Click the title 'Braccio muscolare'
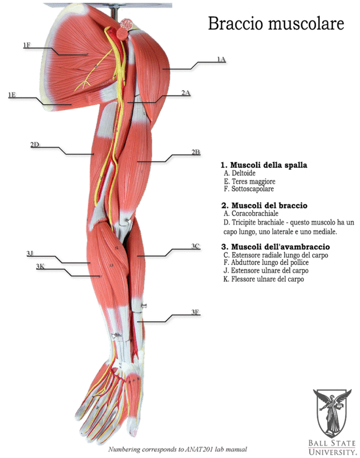(x=276, y=23)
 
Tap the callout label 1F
(x=27, y=45)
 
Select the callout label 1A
(x=221, y=59)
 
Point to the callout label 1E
(x=12, y=95)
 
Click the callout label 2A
(x=186, y=93)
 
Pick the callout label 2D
(x=35, y=144)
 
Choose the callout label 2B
(x=195, y=152)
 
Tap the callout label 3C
(x=195, y=246)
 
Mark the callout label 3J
(x=30, y=254)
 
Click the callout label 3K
(x=40, y=267)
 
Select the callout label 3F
(x=195, y=312)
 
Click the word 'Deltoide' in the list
(x=244, y=173)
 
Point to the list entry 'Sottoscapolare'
(x=253, y=189)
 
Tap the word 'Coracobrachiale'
(x=255, y=213)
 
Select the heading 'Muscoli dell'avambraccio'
(x=280, y=247)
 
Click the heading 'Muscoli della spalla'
(x=269, y=165)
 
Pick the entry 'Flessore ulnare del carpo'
(x=267, y=279)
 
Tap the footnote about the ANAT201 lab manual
(x=178, y=449)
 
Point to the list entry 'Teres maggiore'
(x=254, y=182)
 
